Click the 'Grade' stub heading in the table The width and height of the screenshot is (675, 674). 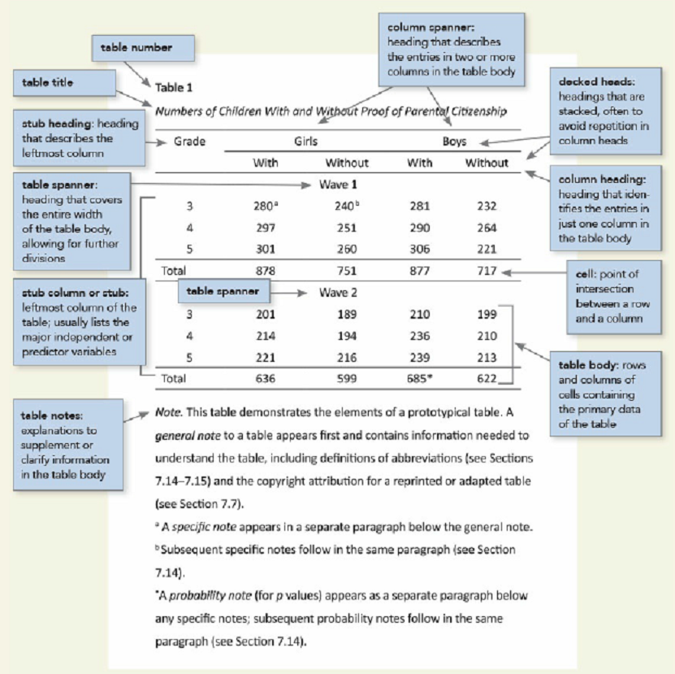click(x=189, y=141)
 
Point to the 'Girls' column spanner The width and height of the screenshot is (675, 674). click(x=305, y=141)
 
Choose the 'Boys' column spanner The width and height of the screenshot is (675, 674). click(x=454, y=141)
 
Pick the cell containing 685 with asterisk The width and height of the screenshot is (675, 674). click(x=422, y=378)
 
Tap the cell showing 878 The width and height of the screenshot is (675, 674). click(x=266, y=271)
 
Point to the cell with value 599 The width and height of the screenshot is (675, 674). click(x=346, y=378)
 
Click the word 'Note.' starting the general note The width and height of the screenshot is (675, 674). click(x=167, y=414)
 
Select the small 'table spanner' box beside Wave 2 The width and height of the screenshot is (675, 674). click(x=223, y=291)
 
